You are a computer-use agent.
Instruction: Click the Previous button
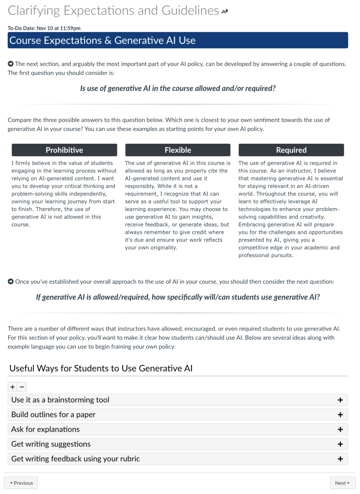pos(21,483)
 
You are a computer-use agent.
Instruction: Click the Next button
pos(342,483)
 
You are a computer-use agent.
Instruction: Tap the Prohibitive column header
pos(64,150)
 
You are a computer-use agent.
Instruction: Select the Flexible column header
pos(178,150)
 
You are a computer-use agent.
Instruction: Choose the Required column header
pos(291,150)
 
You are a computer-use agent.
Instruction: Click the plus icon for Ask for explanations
pos(340,429)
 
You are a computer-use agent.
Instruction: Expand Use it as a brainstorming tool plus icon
pos(340,400)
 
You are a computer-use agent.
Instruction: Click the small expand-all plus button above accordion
pos(13,387)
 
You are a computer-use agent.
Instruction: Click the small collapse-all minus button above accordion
pos(22,387)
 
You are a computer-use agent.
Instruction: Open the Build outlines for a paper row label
pos(53,415)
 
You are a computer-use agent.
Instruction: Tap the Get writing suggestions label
pos(51,444)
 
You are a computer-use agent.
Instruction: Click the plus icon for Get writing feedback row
pos(340,459)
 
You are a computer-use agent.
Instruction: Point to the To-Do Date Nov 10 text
pos(44,28)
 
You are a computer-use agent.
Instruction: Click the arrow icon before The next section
pos(11,64)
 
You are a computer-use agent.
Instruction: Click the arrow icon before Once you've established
pos(11,281)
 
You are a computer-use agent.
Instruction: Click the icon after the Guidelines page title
pos(225,11)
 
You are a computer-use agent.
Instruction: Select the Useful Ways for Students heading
pos(101,368)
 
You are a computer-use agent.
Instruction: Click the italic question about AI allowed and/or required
pos(178,88)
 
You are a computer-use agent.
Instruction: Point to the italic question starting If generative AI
pos(178,297)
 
